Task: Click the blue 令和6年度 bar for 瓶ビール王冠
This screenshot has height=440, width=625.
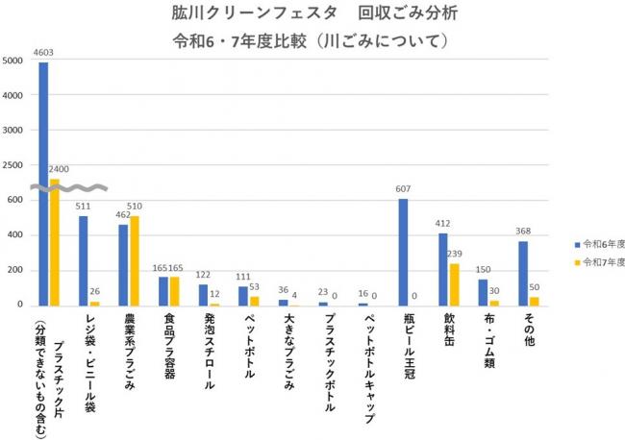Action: pos(403,252)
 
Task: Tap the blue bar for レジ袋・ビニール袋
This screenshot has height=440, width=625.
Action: pos(84,259)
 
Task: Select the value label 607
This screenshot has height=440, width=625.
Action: pos(404,189)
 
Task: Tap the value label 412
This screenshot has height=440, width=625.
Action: pos(443,224)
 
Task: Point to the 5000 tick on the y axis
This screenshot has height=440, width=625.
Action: pos(14,61)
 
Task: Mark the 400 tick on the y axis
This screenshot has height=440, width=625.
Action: pos(16,235)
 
